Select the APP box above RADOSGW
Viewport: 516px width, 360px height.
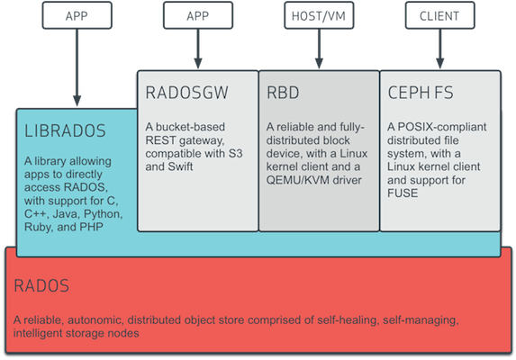(198, 15)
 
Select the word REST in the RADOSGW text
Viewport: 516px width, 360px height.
(163, 141)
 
